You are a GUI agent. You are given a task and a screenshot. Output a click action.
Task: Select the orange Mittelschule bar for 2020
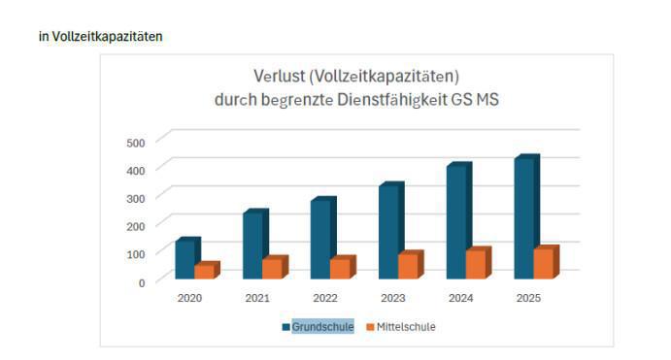pyautogui.click(x=204, y=272)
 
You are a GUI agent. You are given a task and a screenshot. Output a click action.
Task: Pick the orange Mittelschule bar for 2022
pyautogui.click(x=340, y=269)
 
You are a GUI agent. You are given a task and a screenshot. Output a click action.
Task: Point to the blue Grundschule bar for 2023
pyautogui.click(x=388, y=232)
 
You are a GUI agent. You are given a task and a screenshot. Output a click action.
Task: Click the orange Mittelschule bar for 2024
pyautogui.click(x=476, y=265)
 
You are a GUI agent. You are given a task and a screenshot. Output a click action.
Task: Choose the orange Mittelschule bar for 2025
pyautogui.click(x=544, y=264)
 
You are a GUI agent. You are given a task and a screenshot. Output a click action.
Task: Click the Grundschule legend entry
pyautogui.click(x=322, y=327)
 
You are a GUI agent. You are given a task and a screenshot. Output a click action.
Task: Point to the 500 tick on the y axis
pyautogui.click(x=136, y=143)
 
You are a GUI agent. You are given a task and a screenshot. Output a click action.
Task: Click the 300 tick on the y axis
pyautogui.click(x=136, y=198)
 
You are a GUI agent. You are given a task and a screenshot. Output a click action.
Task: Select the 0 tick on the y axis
pyautogui.click(x=141, y=282)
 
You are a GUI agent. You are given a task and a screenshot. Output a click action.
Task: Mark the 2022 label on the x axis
pyautogui.click(x=325, y=298)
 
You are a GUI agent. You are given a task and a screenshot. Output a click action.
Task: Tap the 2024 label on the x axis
pyautogui.click(x=461, y=298)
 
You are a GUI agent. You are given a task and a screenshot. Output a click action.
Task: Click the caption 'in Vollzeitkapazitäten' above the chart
pyautogui.click(x=101, y=37)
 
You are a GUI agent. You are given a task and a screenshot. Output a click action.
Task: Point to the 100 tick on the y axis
pyautogui.click(x=136, y=254)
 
